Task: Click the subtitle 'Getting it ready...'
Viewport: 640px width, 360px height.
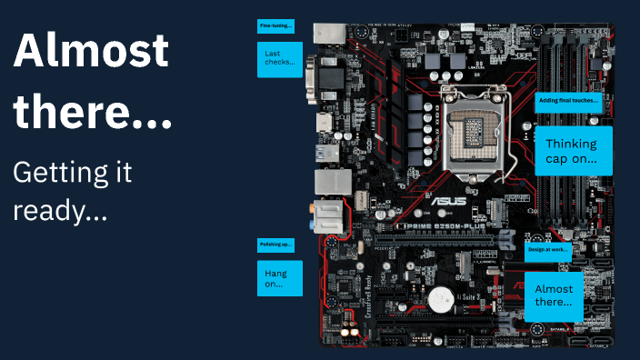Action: (73, 191)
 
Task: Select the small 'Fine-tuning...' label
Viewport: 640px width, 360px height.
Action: (275, 25)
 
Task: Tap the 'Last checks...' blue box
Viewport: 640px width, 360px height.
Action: (279, 59)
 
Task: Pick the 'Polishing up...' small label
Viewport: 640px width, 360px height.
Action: (276, 245)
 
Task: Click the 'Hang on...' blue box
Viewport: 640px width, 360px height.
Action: (279, 278)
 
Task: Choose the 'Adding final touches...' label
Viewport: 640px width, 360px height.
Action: (568, 100)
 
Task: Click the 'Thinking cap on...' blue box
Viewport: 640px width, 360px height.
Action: (573, 150)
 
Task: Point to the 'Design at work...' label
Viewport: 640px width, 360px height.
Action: (547, 248)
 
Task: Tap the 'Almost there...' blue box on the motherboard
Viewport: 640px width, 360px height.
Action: (554, 295)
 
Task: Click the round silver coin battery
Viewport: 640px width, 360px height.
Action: (441, 297)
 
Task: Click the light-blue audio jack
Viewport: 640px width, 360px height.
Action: (313, 219)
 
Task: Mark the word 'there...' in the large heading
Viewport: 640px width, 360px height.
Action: (91, 113)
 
